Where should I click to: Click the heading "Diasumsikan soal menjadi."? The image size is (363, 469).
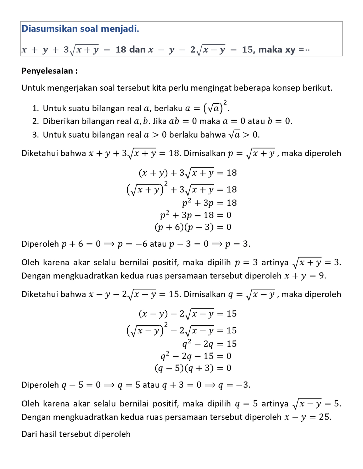click(80, 29)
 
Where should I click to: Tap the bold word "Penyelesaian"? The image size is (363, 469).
click(47, 71)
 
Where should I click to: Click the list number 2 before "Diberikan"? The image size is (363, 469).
click(35, 121)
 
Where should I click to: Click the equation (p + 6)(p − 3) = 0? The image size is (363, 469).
click(193, 227)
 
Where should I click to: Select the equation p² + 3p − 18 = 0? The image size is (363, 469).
click(196, 215)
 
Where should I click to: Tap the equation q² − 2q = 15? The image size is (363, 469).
click(210, 344)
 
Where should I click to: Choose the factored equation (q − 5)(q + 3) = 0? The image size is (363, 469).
click(193, 368)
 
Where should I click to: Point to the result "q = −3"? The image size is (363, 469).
click(234, 385)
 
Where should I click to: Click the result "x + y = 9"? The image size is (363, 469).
click(305, 276)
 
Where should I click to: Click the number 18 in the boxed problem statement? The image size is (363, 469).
click(121, 50)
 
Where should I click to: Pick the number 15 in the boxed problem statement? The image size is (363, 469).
click(247, 50)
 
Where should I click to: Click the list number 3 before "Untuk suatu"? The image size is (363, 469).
click(35, 135)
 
